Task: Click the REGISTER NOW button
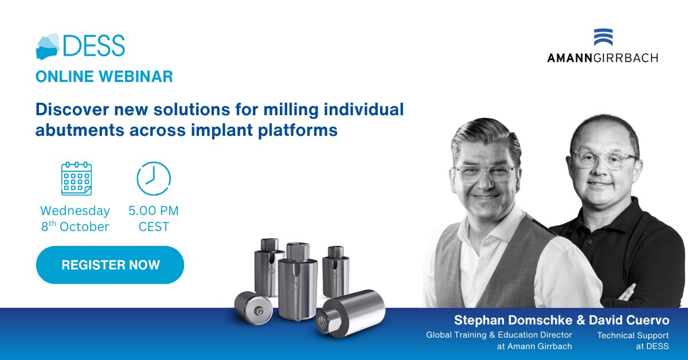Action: click(x=110, y=265)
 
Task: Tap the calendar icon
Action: click(x=76, y=178)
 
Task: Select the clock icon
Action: click(x=154, y=178)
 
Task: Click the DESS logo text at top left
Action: click(x=93, y=45)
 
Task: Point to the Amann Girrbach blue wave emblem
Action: click(x=603, y=37)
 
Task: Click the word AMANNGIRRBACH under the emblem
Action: click(x=603, y=58)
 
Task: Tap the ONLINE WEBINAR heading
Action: click(x=104, y=76)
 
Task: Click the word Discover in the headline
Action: click(x=72, y=109)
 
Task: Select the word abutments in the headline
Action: click(x=80, y=130)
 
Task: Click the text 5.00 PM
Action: click(x=154, y=211)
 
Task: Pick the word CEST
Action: click(x=154, y=227)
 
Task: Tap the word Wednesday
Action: click(x=75, y=211)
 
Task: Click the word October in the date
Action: click(x=84, y=227)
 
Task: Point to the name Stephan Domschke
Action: click(x=513, y=320)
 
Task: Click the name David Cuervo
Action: click(x=629, y=320)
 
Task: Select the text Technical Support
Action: click(x=633, y=335)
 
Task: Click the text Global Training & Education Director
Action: click(x=499, y=335)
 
